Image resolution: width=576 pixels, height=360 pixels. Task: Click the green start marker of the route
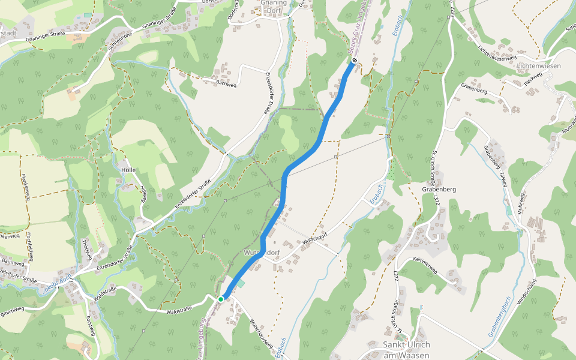tap(221, 299)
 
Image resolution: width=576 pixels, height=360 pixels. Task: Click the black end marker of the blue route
tap(355, 60)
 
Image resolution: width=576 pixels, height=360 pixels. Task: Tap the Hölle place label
tap(128, 170)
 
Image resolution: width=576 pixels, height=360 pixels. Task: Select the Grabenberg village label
tap(439, 189)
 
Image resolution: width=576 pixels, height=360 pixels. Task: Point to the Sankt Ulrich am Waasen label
tap(406, 349)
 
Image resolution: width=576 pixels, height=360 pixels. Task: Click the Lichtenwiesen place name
tap(538, 65)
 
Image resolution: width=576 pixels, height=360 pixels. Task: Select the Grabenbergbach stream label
tap(499, 317)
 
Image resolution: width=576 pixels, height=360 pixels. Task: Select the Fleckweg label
tap(533, 79)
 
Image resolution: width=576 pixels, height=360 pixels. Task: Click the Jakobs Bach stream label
tap(58, 281)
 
